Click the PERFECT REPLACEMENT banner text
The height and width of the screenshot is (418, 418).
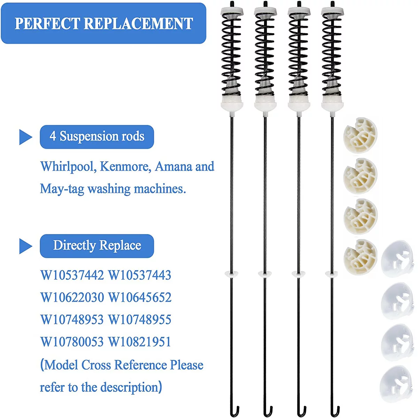(103, 23)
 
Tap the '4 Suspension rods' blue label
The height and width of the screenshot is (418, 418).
(97, 137)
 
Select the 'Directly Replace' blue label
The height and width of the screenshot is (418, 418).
(97, 246)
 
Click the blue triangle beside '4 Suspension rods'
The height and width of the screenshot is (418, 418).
(25, 137)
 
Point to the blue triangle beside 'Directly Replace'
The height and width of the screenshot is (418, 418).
(25, 246)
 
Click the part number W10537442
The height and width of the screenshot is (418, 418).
(72, 275)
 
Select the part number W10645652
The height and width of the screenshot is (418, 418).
(140, 297)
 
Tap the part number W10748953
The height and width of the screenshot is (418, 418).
(72, 320)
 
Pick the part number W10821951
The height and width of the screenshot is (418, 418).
(140, 342)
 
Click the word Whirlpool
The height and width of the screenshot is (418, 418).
(68, 167)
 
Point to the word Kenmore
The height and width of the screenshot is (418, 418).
(125, 167)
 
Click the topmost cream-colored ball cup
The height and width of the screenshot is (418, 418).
(361, 135)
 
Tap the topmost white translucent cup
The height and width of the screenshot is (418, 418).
(397, 258)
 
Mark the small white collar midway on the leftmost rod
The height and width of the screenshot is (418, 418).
(231, 273)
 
